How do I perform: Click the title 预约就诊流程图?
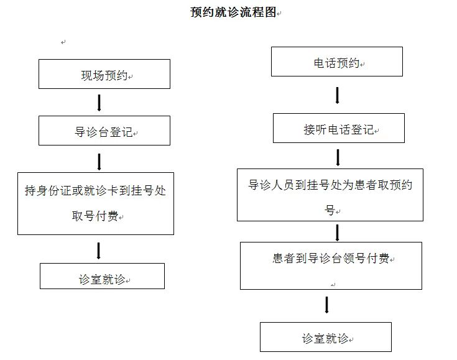[233, 12]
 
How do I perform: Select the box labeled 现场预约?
[104, 74]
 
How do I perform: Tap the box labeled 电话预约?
[337, 62]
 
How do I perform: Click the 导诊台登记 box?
[104, 131]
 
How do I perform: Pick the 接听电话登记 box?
[339, 128]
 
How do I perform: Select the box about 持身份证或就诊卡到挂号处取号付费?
[96, 203]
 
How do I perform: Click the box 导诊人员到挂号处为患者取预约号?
[330, 195]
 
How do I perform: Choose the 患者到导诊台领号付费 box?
[331, 265]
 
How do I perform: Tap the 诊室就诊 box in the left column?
[102, 276]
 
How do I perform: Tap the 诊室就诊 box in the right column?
[326, 336]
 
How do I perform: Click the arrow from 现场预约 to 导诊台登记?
[99, 103]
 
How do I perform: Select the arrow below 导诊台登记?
[99, 162]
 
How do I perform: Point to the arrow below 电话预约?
[337, 95]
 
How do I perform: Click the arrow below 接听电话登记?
[338, 157]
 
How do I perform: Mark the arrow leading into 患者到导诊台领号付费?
[337, 233]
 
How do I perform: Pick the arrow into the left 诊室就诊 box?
[98, 251]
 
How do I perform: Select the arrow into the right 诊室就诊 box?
[326, 305]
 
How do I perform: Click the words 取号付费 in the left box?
[95, 216]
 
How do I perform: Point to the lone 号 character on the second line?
[330, 210]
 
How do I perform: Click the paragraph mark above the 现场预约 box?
[63, 42]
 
